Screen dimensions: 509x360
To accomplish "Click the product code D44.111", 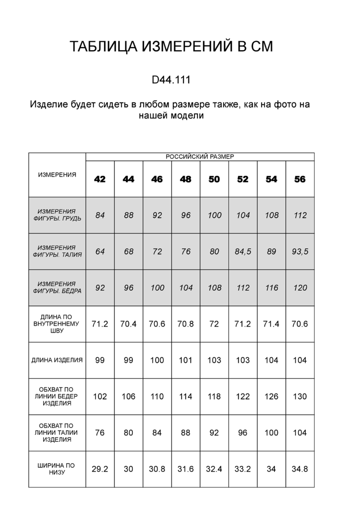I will [x=171, y=80].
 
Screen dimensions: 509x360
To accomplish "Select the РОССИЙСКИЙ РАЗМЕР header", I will [x=200, y=156].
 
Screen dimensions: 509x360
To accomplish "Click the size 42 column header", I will [x=100, y=179].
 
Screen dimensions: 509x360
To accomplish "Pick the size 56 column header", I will [x=300, y=179].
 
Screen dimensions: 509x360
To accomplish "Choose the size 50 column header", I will [x=214, y=179].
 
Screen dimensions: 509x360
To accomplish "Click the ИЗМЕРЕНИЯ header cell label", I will [x=57, y=174].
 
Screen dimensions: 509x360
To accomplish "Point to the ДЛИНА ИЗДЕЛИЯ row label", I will [x=57, y=360].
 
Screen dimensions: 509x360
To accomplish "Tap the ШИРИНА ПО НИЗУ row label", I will [x=57, y=469].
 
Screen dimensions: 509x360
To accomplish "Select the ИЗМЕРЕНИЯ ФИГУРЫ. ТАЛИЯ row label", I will [x=57, y=251].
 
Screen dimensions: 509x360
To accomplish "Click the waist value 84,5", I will [x=243, y=252].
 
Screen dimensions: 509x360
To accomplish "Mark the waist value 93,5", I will [x=300, y=252].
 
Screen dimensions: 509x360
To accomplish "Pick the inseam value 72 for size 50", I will [x=214, y=324].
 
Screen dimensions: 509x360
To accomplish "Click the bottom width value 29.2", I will [x=100, y=469].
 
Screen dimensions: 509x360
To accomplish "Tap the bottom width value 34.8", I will [x=300, y=469].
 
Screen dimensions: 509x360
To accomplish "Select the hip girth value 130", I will [x=300, y=397].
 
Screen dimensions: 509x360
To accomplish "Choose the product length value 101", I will [x=185, y=360].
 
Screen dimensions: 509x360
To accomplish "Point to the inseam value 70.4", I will [x=129, y=324].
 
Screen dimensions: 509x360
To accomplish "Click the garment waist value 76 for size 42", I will [x=100, y=433].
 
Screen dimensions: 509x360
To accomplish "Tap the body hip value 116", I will [x=271, y=288].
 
